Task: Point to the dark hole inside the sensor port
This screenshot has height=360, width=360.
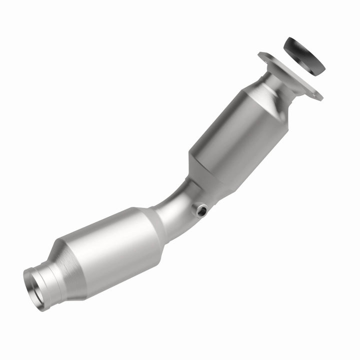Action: (202, 210)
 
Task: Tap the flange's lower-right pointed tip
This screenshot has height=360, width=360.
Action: (320, 98)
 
